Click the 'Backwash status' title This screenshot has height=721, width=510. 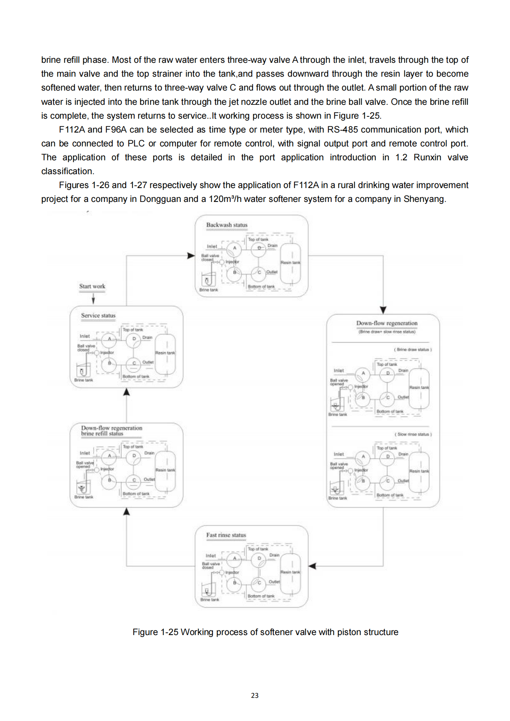tap(227, 225)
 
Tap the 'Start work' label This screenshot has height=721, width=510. tap(92, 286)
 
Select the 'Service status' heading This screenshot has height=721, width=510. tap(98, 316)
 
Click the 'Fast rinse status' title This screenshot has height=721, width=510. tap(226, 535)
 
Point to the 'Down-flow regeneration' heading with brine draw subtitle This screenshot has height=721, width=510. tap(387, 323)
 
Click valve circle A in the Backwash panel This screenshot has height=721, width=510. tap(234, 249)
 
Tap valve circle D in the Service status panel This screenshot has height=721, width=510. tap(134, 339)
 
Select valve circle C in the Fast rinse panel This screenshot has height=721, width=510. tap(259, 583)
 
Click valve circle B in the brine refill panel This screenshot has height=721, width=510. tap(109, 480)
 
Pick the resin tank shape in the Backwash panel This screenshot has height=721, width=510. tap(291, 262)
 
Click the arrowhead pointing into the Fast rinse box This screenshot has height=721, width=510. tap(313, 566)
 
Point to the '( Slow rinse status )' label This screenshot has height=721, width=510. tap(413, 434)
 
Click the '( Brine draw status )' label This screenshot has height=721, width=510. tap(413, 350)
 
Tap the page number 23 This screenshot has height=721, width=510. tap(255, 696)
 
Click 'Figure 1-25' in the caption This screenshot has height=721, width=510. tap(155, 632)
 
